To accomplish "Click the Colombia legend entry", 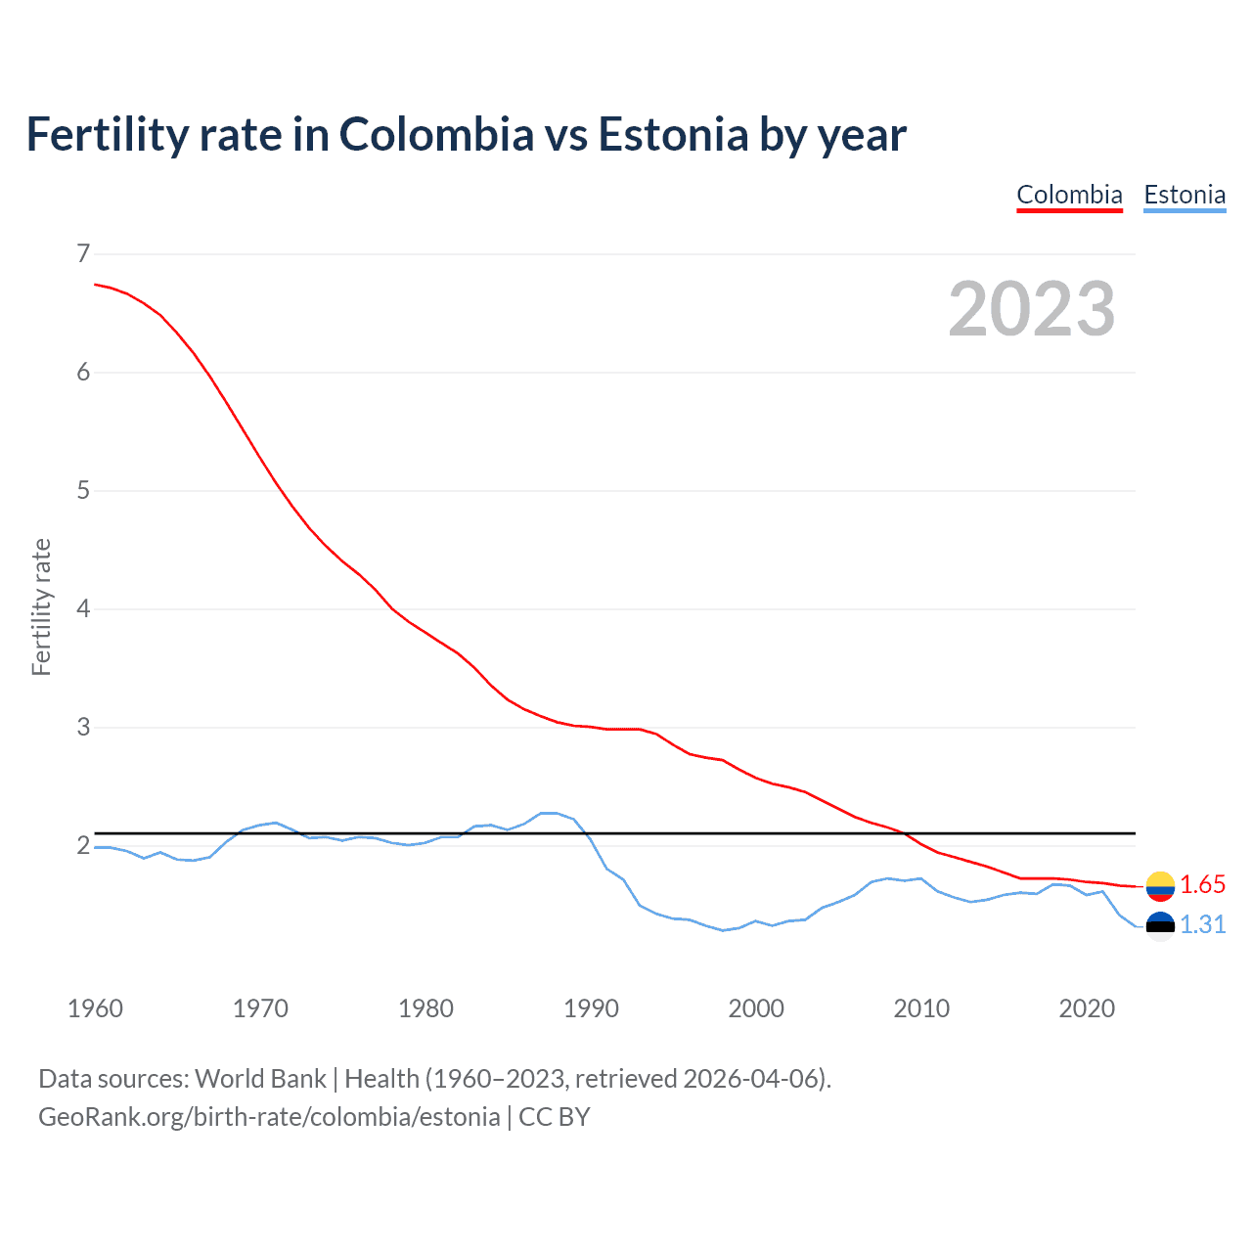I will click(1069, 195).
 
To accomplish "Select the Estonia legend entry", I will click(1185, 195).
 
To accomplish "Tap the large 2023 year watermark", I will click(1031, 309).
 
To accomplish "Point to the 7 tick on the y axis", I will click(83, 254).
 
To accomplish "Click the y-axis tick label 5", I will click(83, 491).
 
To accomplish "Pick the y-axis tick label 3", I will click(83, 728).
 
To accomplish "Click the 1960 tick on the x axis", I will click(95, 1008).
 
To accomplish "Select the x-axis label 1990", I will click(591, 1008).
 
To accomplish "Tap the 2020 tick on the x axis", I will click(1087, 1008).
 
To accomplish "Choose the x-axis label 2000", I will click(756, 1008).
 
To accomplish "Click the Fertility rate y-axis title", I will click(41, 606).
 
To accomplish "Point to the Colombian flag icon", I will click(1160, 885).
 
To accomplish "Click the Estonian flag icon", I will click(1160, 925).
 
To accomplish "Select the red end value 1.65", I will click(1202, 885).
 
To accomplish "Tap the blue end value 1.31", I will click(1202, 925).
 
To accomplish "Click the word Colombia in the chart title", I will click(436, 135).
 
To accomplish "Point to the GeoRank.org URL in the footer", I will click(269, 1117).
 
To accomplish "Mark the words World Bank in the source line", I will click(260, 1079).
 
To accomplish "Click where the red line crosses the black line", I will click(906, 833).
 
